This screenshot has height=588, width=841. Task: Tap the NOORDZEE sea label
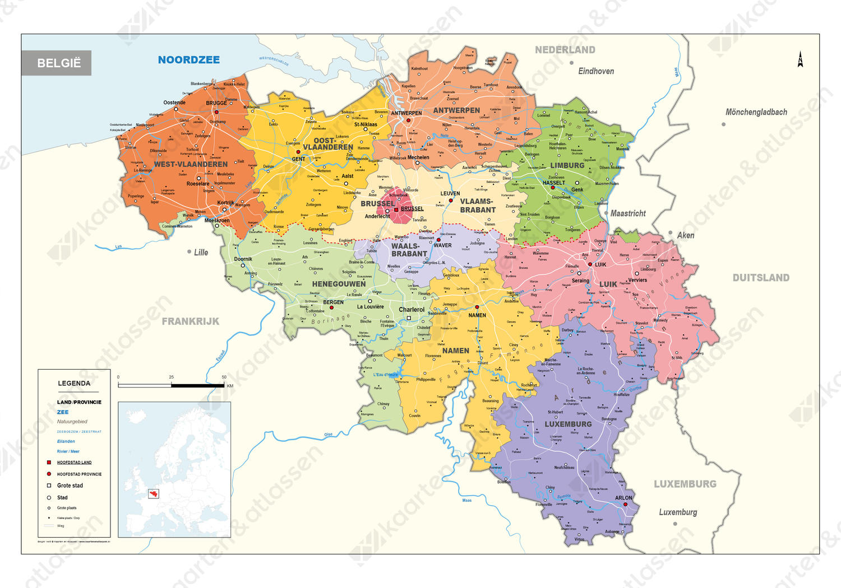click(x=188, y=60)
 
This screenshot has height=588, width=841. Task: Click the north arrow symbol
click(x=800, y=59)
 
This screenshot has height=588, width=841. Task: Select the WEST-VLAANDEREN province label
click(x=191, y=164)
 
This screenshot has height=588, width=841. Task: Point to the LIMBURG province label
click(x=567, y=165)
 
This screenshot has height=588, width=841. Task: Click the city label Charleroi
click(x=412, y=310)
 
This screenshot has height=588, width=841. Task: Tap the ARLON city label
click(x=623, y=497)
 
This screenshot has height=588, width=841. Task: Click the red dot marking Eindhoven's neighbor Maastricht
click(x=606, y=213)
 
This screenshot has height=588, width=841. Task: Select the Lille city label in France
click(x=201, y=253)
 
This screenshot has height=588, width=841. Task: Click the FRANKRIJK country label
click(x=190, y=321)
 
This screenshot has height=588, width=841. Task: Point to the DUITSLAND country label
click(x=760, y=278)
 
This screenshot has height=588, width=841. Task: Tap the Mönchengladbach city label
click(x=756, y=112)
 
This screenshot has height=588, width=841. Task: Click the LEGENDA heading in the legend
click(x=74, y=384)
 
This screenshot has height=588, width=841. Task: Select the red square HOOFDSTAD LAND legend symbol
click(x=49, y=463)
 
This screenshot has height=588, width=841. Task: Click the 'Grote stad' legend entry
click(x=70, y=486)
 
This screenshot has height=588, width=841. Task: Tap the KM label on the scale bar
click(x=230, y=386)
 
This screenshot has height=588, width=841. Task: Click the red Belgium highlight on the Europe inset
click(x=153, y=494)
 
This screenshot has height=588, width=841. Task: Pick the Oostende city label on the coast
click(x=174, y=102)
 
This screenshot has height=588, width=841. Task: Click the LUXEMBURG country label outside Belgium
click(x=685, y=484)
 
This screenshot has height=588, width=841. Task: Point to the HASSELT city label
click(x=553, y=183)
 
